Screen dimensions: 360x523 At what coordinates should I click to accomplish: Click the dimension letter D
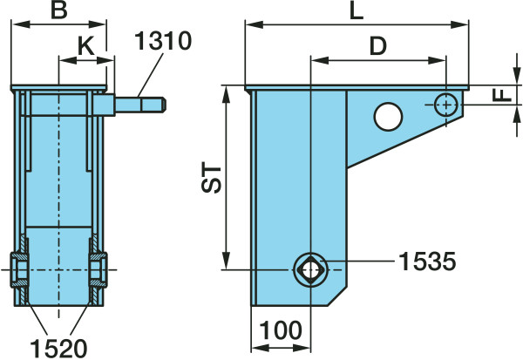[377, 47]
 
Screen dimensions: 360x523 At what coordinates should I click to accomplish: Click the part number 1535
[427, 260]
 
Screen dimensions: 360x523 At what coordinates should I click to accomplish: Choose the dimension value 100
[281, 330]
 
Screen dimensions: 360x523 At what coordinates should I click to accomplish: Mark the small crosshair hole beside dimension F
[446, 104]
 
